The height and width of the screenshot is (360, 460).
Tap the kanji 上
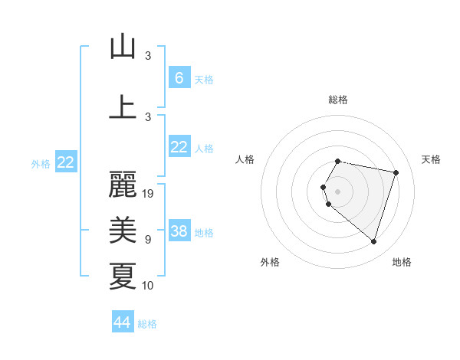click(123, 106)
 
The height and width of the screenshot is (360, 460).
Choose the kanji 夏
click(123, 277)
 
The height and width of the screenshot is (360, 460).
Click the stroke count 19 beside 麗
click(149, 194)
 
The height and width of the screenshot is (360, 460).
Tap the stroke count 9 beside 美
click(147, 240)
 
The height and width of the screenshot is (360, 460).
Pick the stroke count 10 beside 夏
click(149, 286)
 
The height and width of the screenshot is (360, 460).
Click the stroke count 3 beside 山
click(147, 56)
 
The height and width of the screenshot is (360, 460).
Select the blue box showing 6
click(179, 77)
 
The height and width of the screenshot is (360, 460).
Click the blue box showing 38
click(179, 231)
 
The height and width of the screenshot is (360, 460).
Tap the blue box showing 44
click(123, 322)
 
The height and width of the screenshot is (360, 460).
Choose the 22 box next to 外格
click(66, 162)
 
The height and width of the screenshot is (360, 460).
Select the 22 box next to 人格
click(179, 147)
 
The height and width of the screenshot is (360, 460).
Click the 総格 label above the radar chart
click(338, 100)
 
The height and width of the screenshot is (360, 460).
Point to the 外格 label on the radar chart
click(270, 262)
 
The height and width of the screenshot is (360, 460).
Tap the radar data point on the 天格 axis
click(396, 172)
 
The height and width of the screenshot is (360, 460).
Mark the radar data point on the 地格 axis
click(373, 241)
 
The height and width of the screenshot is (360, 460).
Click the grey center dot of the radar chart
click(338, 191)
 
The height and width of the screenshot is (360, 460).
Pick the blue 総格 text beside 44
click(147, 324)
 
